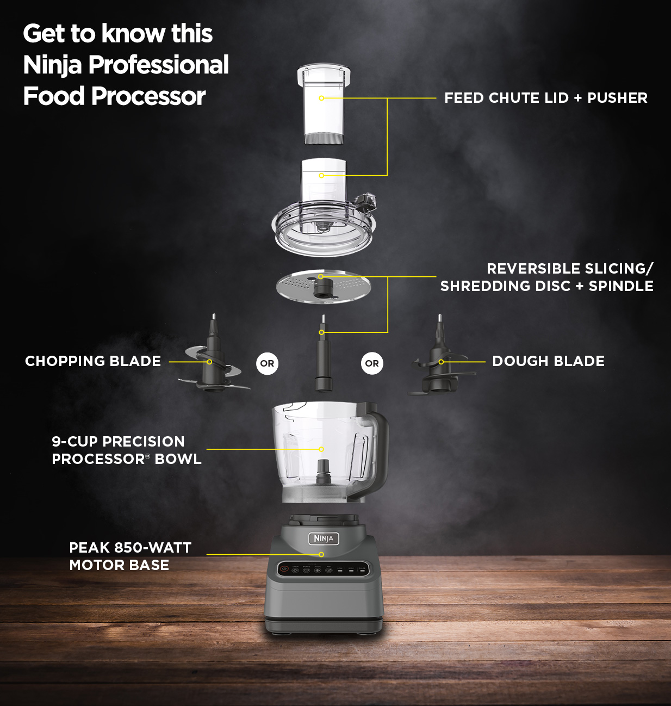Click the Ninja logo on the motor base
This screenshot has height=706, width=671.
pyautogui.click(x=324, y=538)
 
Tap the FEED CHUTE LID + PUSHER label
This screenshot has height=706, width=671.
pyautogui.click(x=545, y=98)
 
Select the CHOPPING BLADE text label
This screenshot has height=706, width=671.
pyautogui.click(x=93, y=361)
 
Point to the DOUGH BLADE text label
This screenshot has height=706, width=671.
pyautogui.click(x=548, y=361)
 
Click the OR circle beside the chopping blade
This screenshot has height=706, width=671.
pyautogui.click(x=267, y=363)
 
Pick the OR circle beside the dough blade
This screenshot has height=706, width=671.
pyautogui.click(x=372, y=363)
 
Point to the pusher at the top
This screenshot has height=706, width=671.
pyautogui.click(x=323, y=103)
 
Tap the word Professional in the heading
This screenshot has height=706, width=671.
pyautogui.click(x=158, y=65)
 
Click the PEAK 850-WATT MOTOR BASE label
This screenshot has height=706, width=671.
pyautogui.click(x=130, y=556)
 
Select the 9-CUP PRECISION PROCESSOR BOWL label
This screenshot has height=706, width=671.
pyautogui.click(x=126, y=450)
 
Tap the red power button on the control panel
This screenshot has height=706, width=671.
pyautogui.click(x=284, y=569)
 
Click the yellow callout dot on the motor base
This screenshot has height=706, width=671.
pyautogui.click(x=321, y=554)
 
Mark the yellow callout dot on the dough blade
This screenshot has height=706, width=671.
pyautogui.click(x=441, y=362)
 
